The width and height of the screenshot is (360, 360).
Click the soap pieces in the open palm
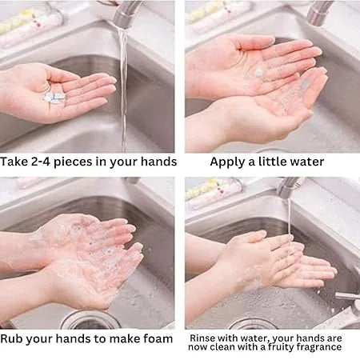coord(54,97)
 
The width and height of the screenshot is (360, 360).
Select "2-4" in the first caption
coord(41,162)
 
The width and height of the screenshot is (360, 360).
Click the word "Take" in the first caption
coord(14,162)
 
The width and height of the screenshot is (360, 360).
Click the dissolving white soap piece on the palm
coord(258,72)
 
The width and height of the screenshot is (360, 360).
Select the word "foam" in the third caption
coord(158,338)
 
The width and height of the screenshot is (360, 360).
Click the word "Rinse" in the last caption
coord(202,338)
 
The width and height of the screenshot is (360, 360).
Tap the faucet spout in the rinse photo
coord(290,186)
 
